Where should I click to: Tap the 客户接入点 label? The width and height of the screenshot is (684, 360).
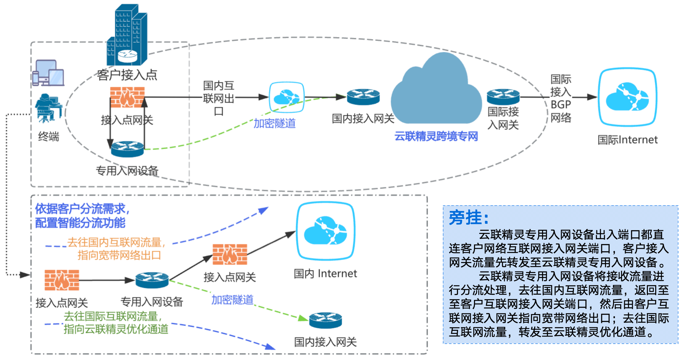coord(127,75)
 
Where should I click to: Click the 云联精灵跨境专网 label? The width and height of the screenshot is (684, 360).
coord(436,136)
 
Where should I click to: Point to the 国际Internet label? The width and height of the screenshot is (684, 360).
coord(628,140)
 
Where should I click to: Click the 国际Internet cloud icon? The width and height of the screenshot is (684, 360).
coord(628,97)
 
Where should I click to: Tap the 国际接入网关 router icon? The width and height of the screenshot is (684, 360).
coord(503,97)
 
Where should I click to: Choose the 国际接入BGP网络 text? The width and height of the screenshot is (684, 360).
coord(561,99)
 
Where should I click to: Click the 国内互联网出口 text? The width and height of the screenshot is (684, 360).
coord(219,98)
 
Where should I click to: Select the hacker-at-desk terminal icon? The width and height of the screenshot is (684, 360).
coord(48,108)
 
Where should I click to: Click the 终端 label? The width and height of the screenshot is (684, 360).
coord(48,137)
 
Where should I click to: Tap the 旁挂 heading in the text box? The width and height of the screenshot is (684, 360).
coord(468,218)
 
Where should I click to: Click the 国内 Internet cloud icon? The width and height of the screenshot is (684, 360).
coord(325,231)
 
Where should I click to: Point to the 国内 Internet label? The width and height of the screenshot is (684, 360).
coord(325,273)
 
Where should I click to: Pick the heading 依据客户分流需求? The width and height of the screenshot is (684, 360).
coord(82,209)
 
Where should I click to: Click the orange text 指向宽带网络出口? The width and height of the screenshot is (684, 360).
coord(119,255)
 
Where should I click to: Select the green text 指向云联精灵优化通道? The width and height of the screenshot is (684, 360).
coord(116,329)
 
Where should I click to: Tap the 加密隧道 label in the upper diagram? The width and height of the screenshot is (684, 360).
coord(274,123)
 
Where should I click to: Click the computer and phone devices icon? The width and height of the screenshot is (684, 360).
coord(48,73)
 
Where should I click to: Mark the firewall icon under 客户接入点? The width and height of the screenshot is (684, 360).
coord(127,97)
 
